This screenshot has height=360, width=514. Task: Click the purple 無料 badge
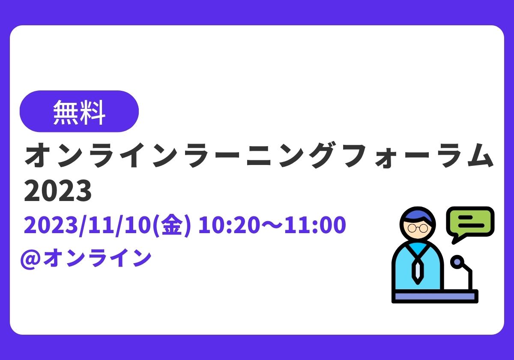pyautogui.click(x=79, y=111)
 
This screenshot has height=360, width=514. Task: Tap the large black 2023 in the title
pyautogui.click(x=58, y=191)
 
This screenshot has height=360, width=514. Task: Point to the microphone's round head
pyautogui.click(x=457, y=262)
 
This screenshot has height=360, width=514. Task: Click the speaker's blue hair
pyautogui.click(x=418, y=216)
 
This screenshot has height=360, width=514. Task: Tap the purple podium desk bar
pyautogui.click(x=435, y=296)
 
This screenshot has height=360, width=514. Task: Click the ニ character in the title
pyautogui.click(x=259, y=156)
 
